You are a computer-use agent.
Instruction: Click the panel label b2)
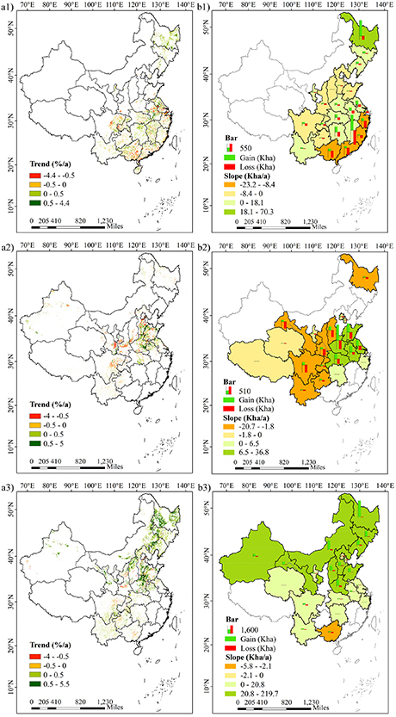pyautogui.click(x=207, y=248)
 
